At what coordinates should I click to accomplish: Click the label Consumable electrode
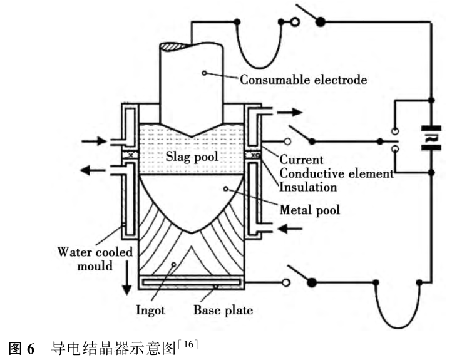pyautogui.click(x=304, y=80)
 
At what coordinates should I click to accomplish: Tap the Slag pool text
pyautogui.click(x=193, y=157)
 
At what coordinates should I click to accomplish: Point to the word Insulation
pyautogui.click(x=308, y=187)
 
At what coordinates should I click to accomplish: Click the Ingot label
pyautogui.click(x=150, y=309)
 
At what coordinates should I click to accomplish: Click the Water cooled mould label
pyautogui.click(x=95, y=259)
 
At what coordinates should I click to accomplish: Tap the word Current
pyautogui.click(x=302, y=160)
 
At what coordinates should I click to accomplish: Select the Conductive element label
pyautogui.click(x=336, y=173)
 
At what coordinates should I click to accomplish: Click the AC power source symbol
pyautogui.click(x=432, y=138)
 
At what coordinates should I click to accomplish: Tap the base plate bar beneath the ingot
pyautogui.click(x=190, y=283)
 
